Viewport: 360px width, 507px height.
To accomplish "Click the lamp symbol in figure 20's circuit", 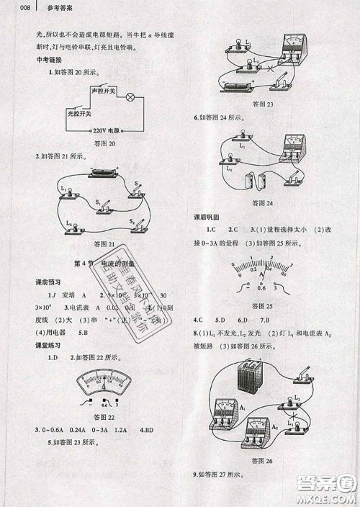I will click(130, 97).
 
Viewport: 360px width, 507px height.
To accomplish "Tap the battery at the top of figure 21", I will click(99, 174).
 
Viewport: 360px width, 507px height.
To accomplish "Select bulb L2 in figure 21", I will click(71, 227).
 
